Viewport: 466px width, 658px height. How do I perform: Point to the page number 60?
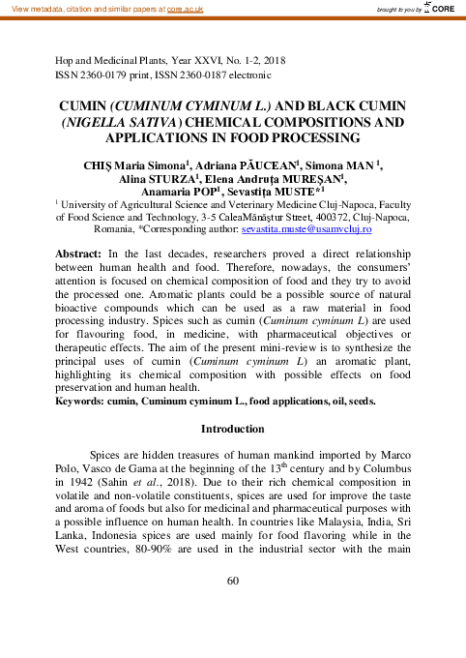coord(232,608)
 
